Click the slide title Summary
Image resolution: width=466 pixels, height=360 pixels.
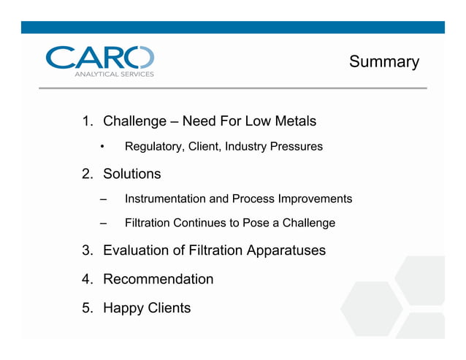point(383,62)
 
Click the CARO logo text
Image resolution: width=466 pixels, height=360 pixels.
point(99,58)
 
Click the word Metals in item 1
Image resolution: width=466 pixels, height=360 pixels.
point(294,120)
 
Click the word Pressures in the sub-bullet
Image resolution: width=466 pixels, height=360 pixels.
point(297,147)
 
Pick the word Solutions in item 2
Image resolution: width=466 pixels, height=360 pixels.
point(131,174)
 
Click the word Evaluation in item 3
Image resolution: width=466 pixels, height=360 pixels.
point(137,250)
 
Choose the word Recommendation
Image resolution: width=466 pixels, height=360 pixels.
point(158,279)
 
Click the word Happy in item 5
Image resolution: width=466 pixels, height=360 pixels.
point(123,307)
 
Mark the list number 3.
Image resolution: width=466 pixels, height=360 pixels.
point(87,250)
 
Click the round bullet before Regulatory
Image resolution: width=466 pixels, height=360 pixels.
point(103,147)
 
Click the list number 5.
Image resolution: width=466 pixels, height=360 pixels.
point(87,307)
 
